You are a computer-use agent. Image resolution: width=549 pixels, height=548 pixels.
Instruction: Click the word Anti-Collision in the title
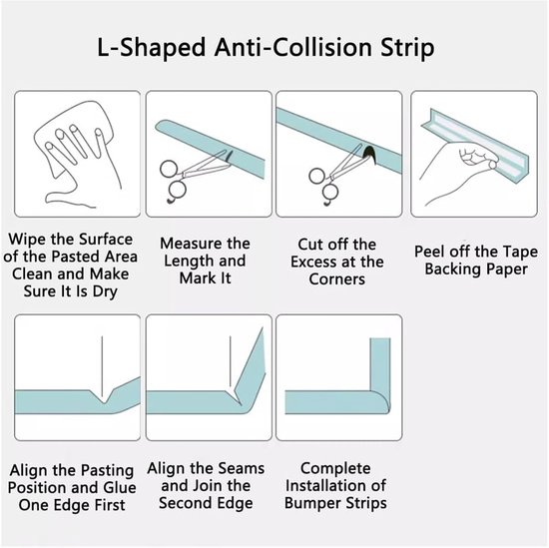point(292,47)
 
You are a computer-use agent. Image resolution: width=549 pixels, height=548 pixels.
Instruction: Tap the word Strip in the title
point(407,48)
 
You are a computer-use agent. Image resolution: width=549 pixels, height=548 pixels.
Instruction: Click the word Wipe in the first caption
point(27,241)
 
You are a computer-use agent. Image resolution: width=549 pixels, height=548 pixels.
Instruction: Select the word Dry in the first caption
point(105,291)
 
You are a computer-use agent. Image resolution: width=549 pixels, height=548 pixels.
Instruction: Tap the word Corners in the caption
point(336,279)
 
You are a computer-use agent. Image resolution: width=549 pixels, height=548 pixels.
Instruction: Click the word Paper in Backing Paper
point(507,270)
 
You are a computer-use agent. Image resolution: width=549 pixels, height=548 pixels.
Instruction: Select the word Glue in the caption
point(120,488)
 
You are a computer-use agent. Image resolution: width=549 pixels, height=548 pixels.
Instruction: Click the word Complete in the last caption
point(335,468)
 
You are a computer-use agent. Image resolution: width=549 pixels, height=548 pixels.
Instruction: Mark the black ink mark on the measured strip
point(229,156)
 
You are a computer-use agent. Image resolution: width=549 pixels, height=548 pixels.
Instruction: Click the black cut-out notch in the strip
point(369,154)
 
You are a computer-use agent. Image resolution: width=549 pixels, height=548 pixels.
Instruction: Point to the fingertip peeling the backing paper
point(493,165)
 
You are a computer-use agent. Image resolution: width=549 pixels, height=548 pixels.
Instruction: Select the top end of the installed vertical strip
point(380,338)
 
